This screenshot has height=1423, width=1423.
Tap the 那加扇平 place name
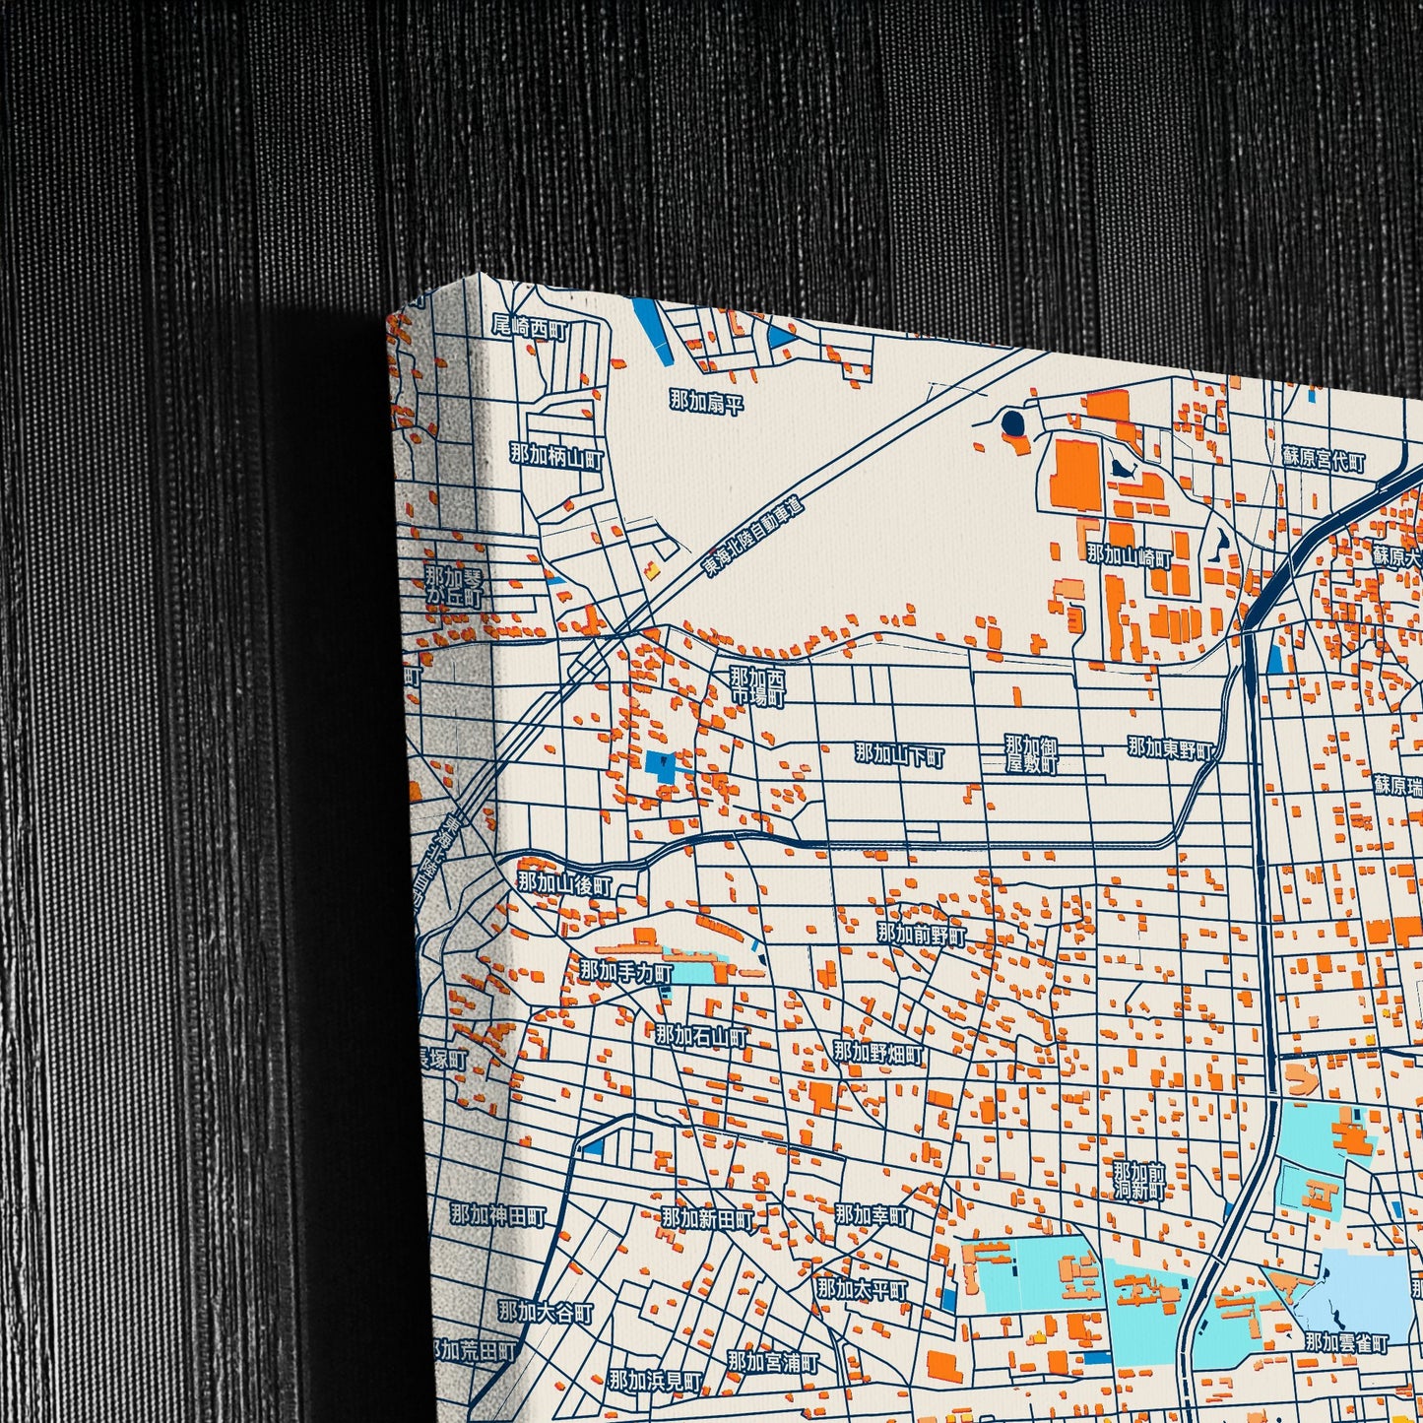click(706, 401)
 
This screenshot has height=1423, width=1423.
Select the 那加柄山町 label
click(555, 455)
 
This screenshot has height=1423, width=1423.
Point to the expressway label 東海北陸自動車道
click(753, 537)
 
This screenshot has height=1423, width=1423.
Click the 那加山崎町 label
click(1130, 556)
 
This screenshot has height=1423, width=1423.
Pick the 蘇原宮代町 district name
click(1324, 459)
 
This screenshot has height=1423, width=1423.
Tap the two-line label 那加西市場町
click(758, 687)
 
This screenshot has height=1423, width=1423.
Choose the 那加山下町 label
click(899, 755)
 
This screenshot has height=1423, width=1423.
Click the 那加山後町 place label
click(565, 883)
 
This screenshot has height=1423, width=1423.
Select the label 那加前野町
click(922, 934)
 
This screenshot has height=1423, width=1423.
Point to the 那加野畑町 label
click(878, 1053)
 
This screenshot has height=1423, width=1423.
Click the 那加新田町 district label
click(707, 1219)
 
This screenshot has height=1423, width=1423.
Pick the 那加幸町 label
click(872, 1215)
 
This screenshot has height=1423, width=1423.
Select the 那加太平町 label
click(862, 1288)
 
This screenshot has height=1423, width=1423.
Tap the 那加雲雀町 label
click(1346, 1342)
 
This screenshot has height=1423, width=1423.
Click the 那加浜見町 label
click(655, 1381)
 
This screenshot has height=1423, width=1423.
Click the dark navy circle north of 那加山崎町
click(1012, 424)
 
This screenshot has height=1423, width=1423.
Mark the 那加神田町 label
click(497, 1215)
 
